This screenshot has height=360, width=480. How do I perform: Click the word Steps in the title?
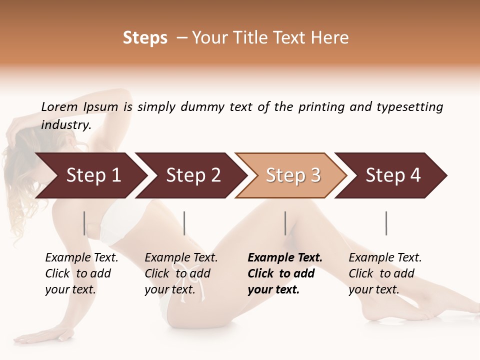pyautogui.click(x=145, y=38)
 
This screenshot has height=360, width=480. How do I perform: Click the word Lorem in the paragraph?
pyautogui.click(x=59, y=106)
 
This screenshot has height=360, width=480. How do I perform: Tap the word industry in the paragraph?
pyautogui.click(x=65, y=125)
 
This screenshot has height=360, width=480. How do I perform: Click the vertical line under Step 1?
pyautogui.click(x=84, y=223)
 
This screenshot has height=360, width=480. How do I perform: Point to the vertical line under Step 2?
pyautogui.click(x=184, y=223)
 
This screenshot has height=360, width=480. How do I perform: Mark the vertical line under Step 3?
pyautogui.click(x=285, y=223)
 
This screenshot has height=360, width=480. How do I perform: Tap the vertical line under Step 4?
pyautogui.click(x=386, y=223)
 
